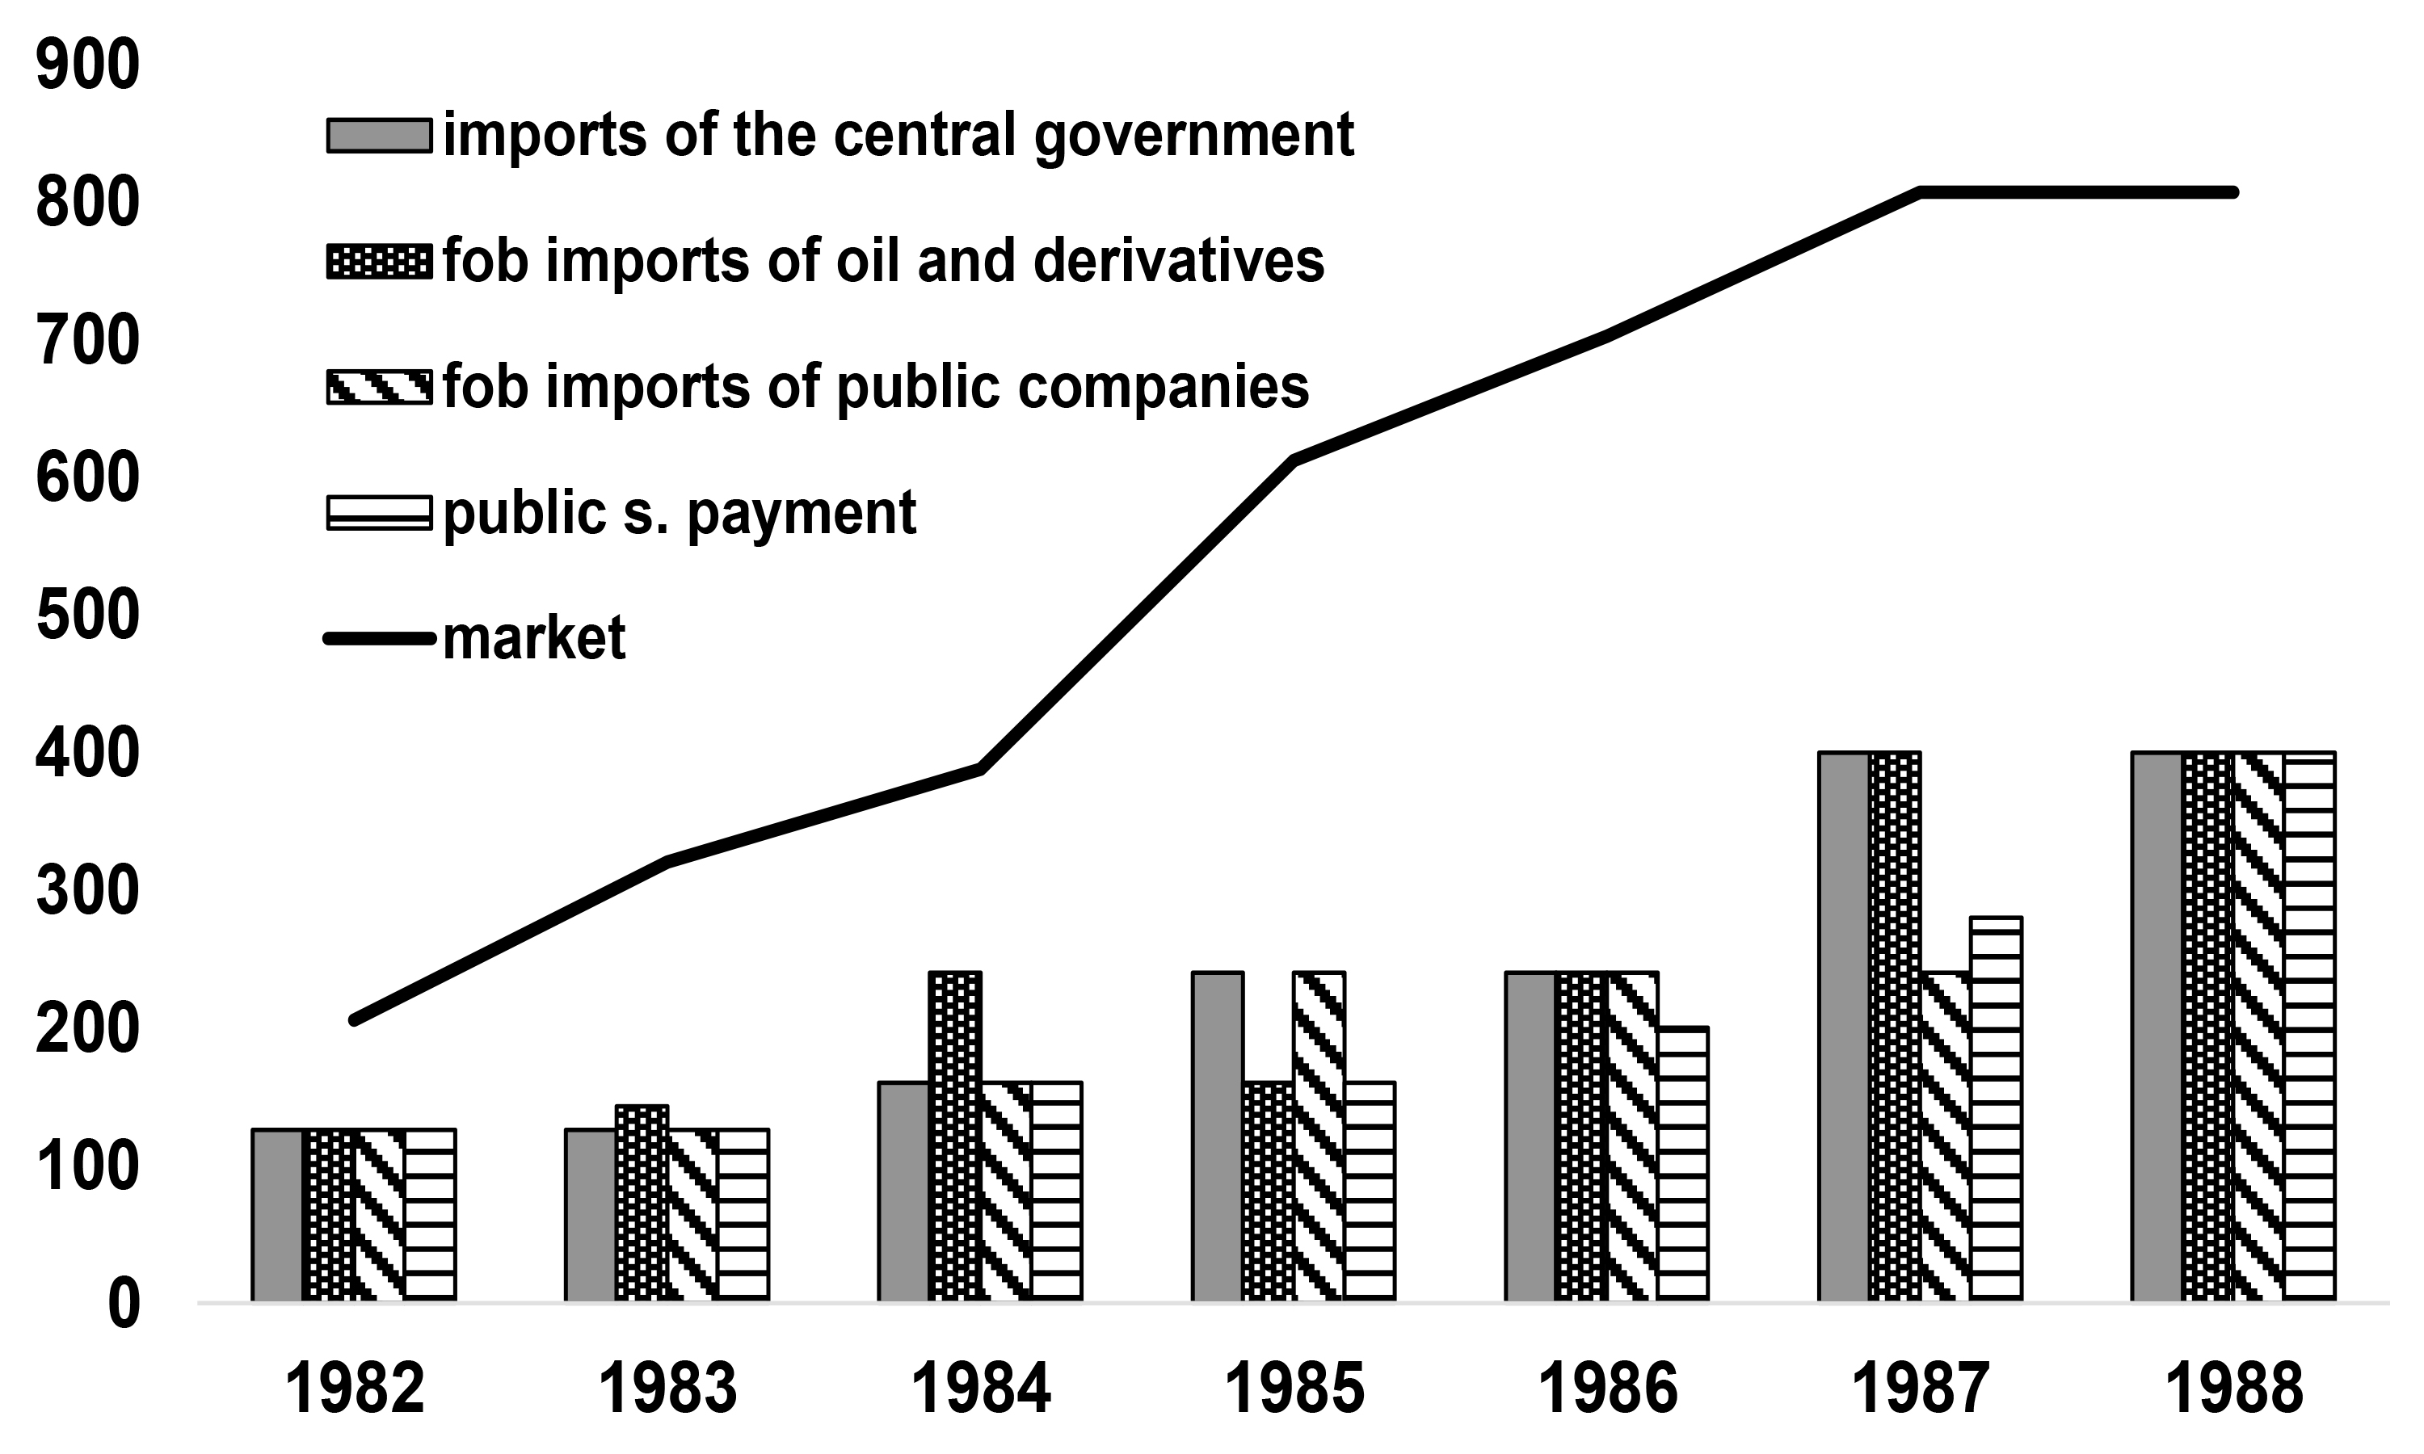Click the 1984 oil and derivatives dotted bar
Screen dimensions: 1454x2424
(954, 1137)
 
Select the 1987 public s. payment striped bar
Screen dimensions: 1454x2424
(1996, 1109)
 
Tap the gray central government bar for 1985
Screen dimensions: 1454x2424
(1217, 1137)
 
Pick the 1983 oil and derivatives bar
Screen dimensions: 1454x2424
(642, 1203)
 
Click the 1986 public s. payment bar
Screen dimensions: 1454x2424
(1682, 1164)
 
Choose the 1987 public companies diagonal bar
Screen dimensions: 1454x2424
(1945, 1137)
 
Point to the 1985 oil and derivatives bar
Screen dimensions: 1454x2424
(1268, 1191)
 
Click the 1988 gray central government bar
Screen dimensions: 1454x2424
(2157, 1027)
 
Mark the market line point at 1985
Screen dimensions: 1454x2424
(1294, 460)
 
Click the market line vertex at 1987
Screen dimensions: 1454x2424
(1921, 192)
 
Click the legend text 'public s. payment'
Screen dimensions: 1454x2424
(679, 512)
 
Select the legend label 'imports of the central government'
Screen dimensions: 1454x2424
(898, 134)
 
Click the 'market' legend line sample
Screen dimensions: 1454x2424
(379, 639)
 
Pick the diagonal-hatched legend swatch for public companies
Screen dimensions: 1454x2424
(379, 387)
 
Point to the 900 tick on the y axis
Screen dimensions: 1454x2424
(88, 66)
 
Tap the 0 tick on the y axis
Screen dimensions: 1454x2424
(123, 1305)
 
